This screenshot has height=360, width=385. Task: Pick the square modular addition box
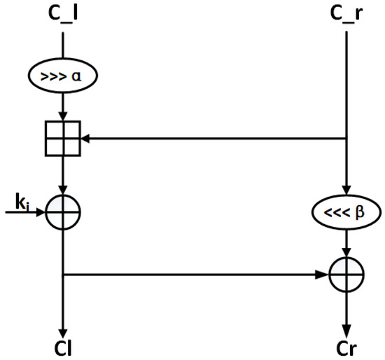pyautogui.click(x=64, y=139)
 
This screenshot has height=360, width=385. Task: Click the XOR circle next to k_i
pyautogui.click(x=64, y=210)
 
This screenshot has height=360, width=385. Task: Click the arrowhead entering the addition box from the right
pyautogui.click(x=87, y=139)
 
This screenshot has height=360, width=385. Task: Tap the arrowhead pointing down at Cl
pyautogui.click(x=64, y=330)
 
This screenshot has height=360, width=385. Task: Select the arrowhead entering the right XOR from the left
pyautogui.click(x=325, y=275)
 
